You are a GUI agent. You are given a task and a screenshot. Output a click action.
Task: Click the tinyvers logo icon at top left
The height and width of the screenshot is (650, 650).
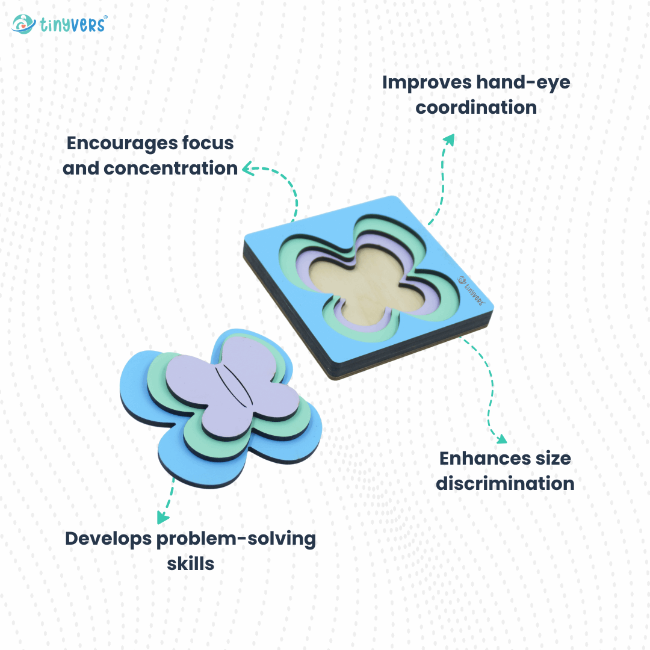tap(23, 24)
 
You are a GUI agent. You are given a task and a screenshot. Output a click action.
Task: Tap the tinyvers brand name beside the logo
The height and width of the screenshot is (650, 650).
tap(73, 25)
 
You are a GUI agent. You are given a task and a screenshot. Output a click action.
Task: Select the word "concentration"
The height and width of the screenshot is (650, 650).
tap(170, 169)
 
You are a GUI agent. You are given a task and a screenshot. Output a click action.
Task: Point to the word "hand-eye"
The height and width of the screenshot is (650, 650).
tap(523, 83)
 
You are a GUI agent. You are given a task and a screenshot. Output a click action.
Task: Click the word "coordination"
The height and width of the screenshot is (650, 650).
tap(476, 107)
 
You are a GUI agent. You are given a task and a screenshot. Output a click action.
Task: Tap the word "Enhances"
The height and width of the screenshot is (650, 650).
tap(484, 459)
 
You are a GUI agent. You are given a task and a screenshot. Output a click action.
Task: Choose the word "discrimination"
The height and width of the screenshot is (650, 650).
tap(505, 484)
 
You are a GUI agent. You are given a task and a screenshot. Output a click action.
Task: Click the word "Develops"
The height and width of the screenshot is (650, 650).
tap(108, 539)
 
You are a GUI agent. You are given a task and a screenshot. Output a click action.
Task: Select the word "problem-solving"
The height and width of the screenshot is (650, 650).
tap(236, 539)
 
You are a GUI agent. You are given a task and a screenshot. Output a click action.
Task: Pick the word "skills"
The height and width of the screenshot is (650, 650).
tap(190, 564)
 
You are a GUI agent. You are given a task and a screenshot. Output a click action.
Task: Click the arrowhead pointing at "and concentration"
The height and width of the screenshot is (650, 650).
tap(247, 169)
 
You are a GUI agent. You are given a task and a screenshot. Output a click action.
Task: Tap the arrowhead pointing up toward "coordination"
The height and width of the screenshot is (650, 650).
tap(449, 140)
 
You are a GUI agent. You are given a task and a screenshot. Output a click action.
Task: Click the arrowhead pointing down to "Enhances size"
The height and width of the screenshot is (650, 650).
tap(501, 439)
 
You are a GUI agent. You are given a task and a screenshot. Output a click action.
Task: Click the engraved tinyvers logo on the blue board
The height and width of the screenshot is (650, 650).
tap(471, 290)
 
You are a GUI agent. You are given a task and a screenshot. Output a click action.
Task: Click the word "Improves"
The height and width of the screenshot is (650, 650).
tap(427, 83)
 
